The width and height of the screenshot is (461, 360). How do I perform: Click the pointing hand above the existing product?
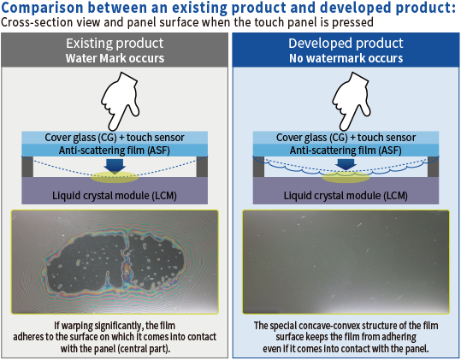click(x=119, y=102)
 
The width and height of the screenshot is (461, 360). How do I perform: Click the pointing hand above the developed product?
click(x=351, y=102)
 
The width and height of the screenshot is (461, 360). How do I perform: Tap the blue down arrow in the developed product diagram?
click(x=346, y=164)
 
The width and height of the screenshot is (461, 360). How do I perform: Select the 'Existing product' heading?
click(x=115, y=44)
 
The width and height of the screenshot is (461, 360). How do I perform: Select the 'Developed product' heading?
click(x=346, y=44)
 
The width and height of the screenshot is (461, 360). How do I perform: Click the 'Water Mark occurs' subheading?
click(x=115, y=58)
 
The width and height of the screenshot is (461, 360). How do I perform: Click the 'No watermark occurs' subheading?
click(x=346, y=58)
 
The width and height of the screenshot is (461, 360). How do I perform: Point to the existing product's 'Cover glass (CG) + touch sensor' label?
click(x=115, y=138)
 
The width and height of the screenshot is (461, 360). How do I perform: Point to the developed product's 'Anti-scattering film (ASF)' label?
click(x=346, y=150)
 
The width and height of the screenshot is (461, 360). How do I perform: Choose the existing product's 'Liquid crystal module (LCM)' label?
click(x=115, y=196)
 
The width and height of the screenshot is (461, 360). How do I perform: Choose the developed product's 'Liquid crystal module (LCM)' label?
click(x=346, y=196)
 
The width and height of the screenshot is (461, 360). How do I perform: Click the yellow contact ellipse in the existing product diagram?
click(x=115, y=177)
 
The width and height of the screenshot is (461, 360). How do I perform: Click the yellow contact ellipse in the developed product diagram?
click(x=346, y=177)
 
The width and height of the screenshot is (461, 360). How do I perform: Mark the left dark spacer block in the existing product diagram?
click(x=27, y=167)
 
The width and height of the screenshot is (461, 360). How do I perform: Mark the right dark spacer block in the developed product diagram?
click(x=433, y=167)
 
